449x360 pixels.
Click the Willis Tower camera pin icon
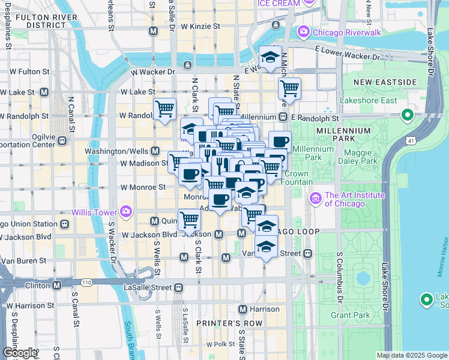pos(125,211)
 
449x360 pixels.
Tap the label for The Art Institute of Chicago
pos(345,199)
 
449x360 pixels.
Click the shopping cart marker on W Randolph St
pos(164,109)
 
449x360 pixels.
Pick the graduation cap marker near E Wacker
pos(271,57)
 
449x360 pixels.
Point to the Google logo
pos(19,353)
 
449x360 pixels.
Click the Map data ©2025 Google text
pos(411,355)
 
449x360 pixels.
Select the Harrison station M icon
pos(243,309)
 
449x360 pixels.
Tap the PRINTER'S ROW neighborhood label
pos(221,323)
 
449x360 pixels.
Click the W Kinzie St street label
pos(201,27)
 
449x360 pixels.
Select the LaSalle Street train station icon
pos(178,287)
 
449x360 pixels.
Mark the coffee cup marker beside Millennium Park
pos(280,142)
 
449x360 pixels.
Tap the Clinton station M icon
pos(56,286)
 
